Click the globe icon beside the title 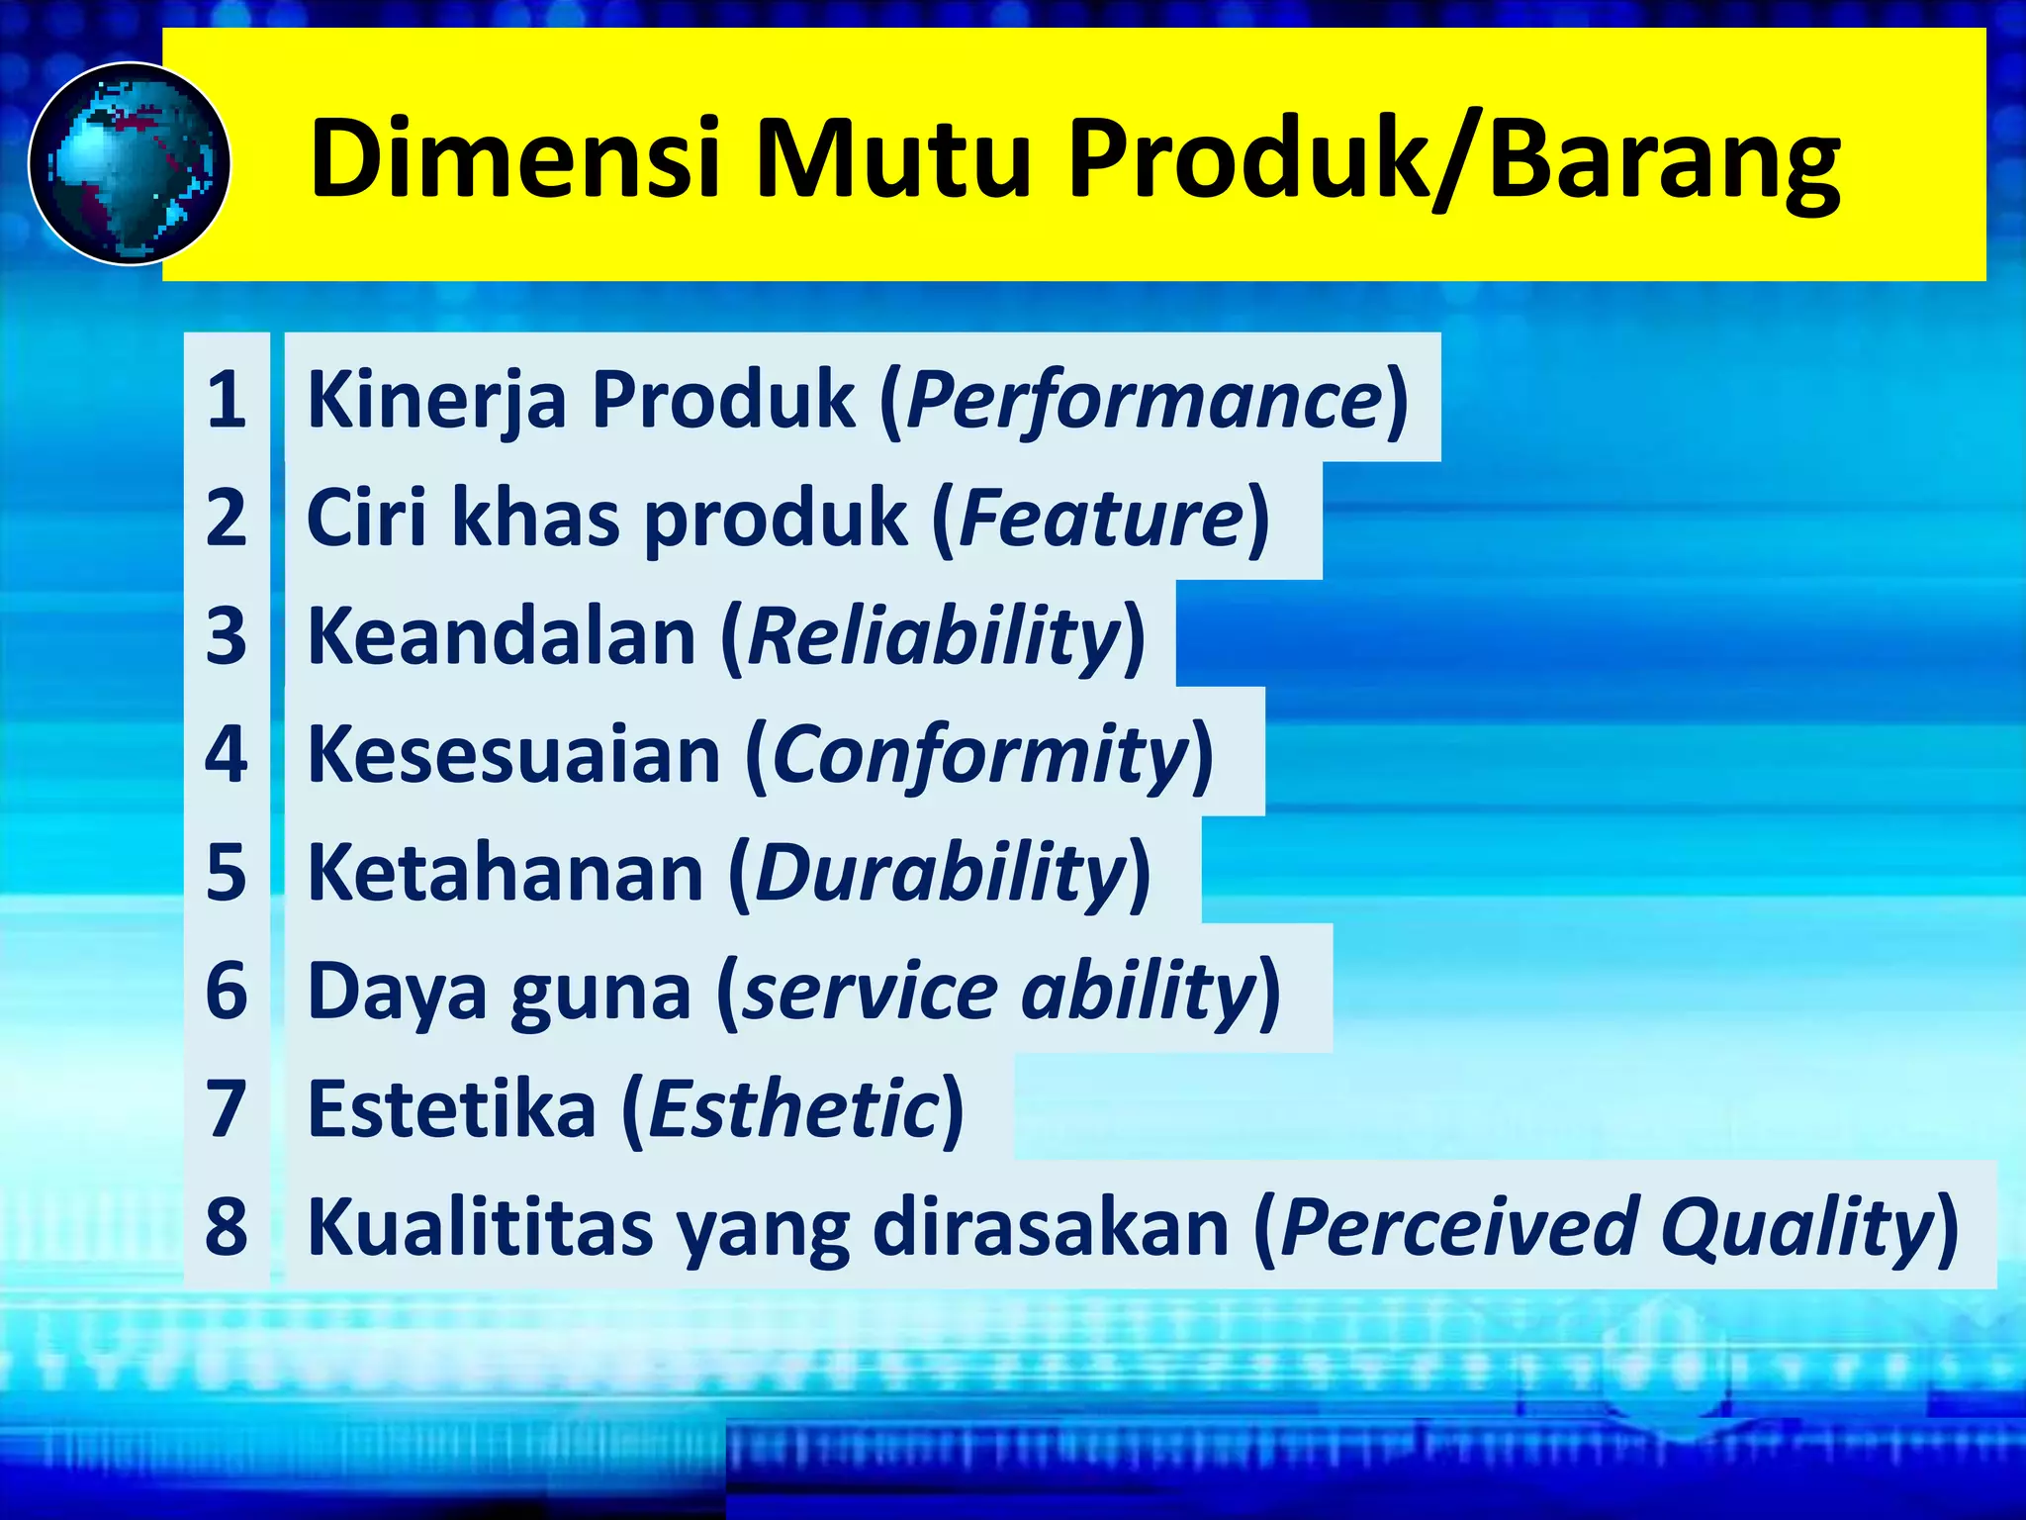[130, 163]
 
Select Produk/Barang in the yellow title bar [1454, 158]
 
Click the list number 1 [227, 400]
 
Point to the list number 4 [227, 754]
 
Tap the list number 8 [227, 1226]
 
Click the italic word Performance [1144, 400]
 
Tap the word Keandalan [503, 636]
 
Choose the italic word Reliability [934, 636]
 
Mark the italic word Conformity [979, 754]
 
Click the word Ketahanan [506, 873]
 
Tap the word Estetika [452, 1108]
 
